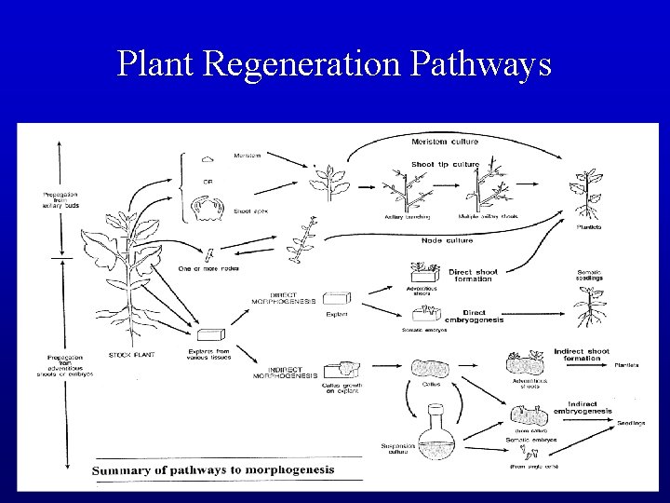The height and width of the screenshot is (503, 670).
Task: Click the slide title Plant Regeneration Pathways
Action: pyautogui.click(x=334, y=63)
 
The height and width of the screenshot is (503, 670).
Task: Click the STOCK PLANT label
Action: pyautogui.click(x=130, y=354)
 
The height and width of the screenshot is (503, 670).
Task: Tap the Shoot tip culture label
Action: pyautogui.click(x=446, y=164)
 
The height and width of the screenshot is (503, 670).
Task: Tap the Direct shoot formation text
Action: pyautogui.click(x=474, y=275)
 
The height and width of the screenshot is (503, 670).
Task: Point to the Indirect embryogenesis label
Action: pyautogui.click(x=583, y=407)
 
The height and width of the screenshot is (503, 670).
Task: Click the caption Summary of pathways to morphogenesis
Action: pyautogui.click(x=213, y=469)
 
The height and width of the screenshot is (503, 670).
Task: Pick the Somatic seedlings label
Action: pyautogui.click(x=590, y=276)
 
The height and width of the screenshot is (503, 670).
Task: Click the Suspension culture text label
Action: pyautogui.click(x=396, y=450)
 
